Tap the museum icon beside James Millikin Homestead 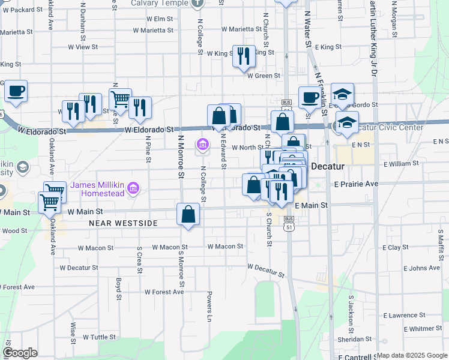[133, 189]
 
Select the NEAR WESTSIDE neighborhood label [122, 223]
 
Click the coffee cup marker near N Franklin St [310, 96]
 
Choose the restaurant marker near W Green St [244, 56]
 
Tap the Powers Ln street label [209, 305]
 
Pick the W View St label [83, 47]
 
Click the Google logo [20, 353]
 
